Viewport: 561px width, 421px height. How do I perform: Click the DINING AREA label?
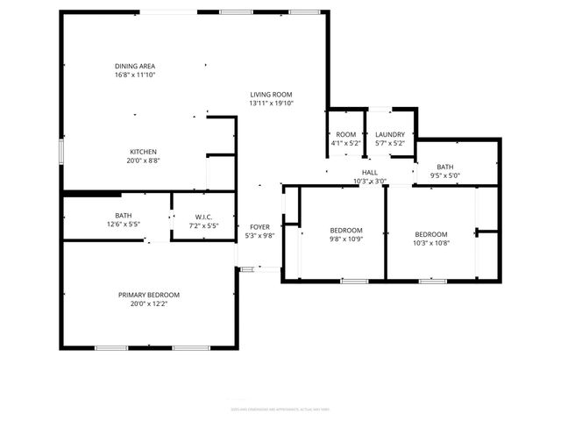click(135, 66)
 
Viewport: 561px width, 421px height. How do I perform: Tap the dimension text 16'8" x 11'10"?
click(135, 75)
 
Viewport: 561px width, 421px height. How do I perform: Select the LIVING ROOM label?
click(271, 94)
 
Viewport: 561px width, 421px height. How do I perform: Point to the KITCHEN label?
click(144, 151)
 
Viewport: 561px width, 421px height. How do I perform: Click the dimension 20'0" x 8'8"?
click(144, 161)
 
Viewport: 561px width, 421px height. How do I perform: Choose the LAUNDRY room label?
click(389, 134)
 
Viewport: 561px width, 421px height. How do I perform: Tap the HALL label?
click(370, 173)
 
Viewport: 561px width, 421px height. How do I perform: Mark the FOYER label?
click(259, 226)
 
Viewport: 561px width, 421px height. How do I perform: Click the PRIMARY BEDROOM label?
click(149, 295)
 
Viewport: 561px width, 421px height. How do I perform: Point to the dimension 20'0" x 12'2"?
click(149, 303)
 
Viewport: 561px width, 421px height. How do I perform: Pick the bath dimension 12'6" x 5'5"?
click(124, 225)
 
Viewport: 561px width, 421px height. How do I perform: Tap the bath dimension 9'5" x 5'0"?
click(445, 175)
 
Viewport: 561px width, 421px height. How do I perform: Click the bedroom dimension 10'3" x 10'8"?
click(431, 243)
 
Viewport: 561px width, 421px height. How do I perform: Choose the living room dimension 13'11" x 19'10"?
click(271, 103)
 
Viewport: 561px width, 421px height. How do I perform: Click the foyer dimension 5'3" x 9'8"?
click(259, 235)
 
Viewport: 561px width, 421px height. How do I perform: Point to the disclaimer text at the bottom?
click(274, 409)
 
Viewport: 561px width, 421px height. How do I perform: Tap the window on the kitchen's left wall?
click(60, 151)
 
